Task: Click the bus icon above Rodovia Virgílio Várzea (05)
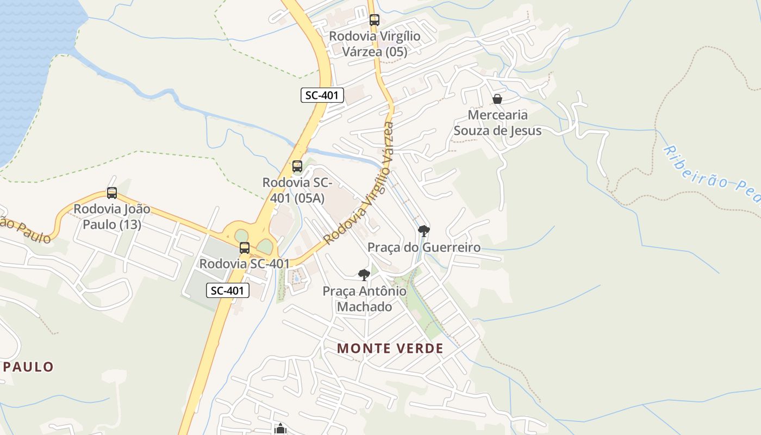[374, 20]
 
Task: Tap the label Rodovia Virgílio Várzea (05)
[374, 44]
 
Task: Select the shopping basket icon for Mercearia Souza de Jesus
[497, 99]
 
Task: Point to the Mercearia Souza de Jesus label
[497, 123]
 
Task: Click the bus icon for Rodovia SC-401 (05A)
[297, 166]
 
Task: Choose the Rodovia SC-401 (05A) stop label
[297, 190]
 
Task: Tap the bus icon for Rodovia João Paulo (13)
[112, 192]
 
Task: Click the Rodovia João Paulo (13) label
[112, 216]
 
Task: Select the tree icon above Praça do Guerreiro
[424, 231]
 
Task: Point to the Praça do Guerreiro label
[424, 247]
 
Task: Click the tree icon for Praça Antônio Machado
[364, 275]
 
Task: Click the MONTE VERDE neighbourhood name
[390, 349]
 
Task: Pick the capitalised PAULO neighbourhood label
[28, 367]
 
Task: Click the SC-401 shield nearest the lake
[322, 95]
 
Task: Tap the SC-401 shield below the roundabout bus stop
[228, 290]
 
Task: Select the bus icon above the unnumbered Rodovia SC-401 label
[245, 248]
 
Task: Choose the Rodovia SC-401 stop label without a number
[245, 264]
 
